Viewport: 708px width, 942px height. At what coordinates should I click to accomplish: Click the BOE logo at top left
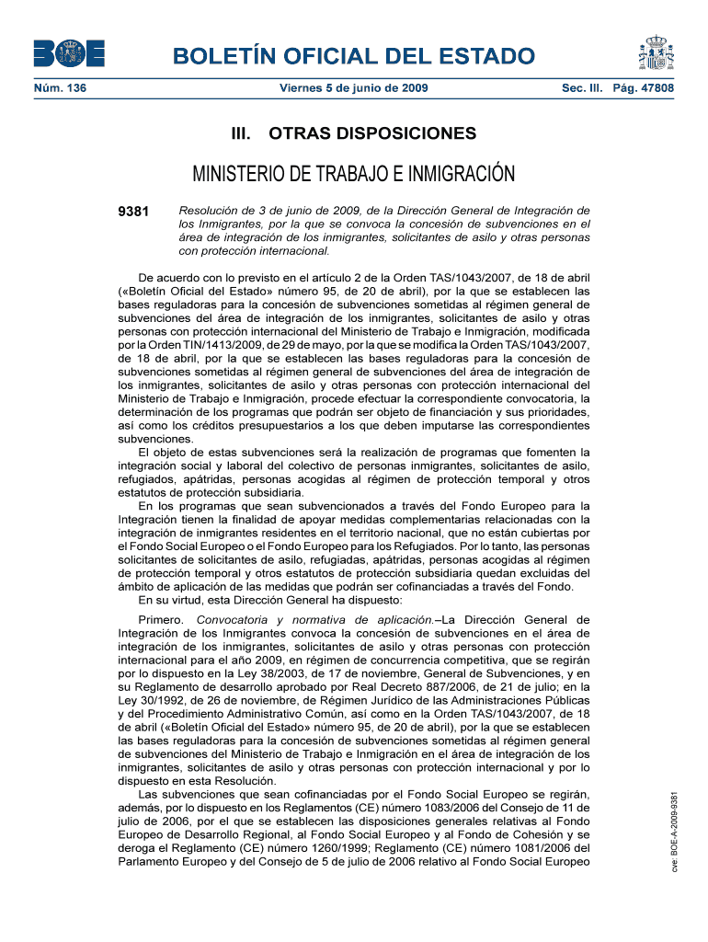[x=69, y=54]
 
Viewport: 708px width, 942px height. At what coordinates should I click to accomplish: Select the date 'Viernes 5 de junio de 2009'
[x=354, y=89]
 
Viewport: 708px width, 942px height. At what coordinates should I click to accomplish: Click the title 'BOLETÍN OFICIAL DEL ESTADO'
[x=354, y=55]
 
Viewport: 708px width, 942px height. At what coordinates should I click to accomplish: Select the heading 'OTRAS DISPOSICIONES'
[x=372, y=134]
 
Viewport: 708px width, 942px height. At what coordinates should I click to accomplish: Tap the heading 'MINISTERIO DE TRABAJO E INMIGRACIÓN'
[x=354, y=174]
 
